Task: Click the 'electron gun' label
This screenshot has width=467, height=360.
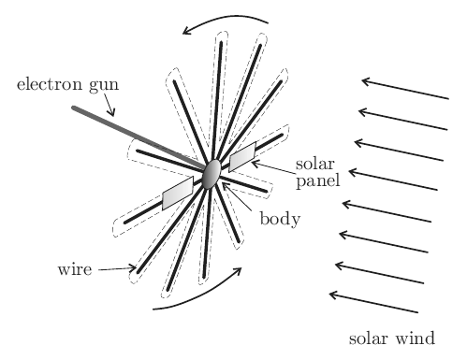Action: pos(67,85)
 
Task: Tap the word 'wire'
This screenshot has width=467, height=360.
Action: pos(75,269)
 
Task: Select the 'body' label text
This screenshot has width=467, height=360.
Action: pos(280,219)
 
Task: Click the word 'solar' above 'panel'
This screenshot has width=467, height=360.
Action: pos(315,164)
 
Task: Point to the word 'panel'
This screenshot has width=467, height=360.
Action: pos(318,180)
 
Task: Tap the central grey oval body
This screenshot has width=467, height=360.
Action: pos(212,174)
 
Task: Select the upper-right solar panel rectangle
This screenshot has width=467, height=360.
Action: pos(242,157)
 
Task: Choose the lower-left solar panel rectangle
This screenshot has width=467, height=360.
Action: pos(178,193)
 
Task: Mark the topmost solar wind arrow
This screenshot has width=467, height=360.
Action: pos(405,90)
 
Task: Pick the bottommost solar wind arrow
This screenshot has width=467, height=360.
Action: pos(373,302)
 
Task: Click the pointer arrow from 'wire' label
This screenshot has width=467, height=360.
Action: pos(117,268)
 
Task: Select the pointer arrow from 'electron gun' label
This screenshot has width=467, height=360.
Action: pos(109,105)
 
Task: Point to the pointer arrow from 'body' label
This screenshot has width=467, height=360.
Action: pos(237,196)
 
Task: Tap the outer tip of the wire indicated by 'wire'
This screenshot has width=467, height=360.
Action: pos(139,272)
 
